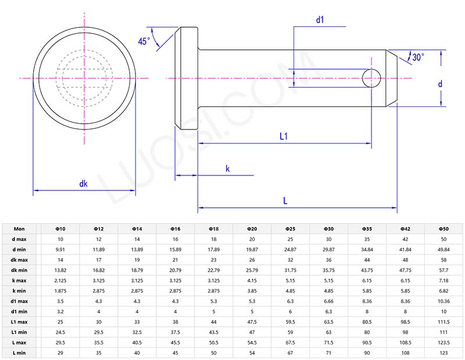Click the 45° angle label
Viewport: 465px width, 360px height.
click(x=144, y=41)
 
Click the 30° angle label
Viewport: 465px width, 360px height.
click(x=418, y=57)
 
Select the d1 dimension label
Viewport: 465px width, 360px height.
click(x=320, y=20)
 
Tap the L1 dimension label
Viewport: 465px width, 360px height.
click(x=284, y=137)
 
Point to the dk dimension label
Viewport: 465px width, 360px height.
click(x=83, y=183)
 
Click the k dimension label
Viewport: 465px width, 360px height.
click(x=228, y=169)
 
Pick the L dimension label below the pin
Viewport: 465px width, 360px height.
click(x=285, y=200)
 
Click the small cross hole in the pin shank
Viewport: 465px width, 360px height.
click(x=371, y=77)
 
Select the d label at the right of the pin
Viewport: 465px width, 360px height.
click(x=440, y=84)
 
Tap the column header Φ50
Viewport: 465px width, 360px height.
click(x=443, y=229)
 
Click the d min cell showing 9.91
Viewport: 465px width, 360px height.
click(x=60, y=250)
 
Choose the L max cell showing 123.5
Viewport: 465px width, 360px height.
click(x=443, y=343)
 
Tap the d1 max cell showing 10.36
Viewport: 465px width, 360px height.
click(x=443, y=301)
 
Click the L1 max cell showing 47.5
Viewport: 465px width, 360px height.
click(x=252, y=322)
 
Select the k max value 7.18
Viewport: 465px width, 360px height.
click(x=443, y=280)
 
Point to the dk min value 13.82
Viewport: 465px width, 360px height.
click(x=60, y=270)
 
